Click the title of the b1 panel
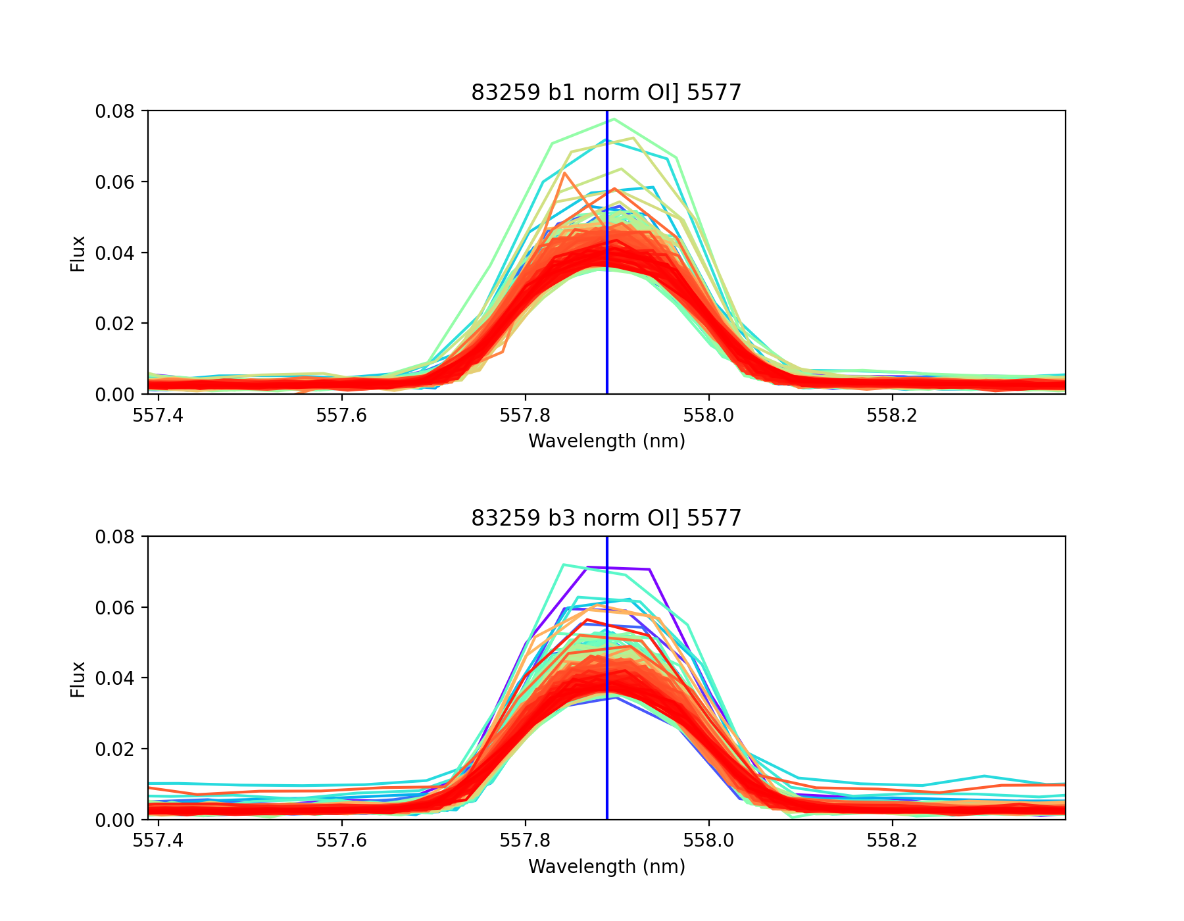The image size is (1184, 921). coord(606,93)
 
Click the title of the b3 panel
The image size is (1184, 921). coord(606,518)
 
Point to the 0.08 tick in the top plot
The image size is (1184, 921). coord(114,111)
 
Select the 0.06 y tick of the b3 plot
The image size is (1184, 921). coord(114,607)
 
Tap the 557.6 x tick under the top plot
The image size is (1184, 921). coord(341,416)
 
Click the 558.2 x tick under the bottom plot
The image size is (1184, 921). coord(891,842)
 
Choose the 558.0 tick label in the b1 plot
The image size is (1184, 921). coord(708,416)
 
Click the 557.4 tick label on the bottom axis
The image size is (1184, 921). coord(158,842)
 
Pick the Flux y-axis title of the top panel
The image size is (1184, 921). coord(78,253)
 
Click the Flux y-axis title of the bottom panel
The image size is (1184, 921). coord(78,679)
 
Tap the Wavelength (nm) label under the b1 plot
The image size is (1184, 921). coord(606,441)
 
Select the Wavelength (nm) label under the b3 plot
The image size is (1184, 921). coord(606,866)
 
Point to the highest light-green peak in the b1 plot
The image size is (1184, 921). coord(613,119)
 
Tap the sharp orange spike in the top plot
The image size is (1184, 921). coord(564,174)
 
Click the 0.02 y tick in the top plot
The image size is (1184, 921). coord(114,324)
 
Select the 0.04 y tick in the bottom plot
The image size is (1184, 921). coord(114,678)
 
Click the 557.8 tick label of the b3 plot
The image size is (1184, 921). coord(525,842)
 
